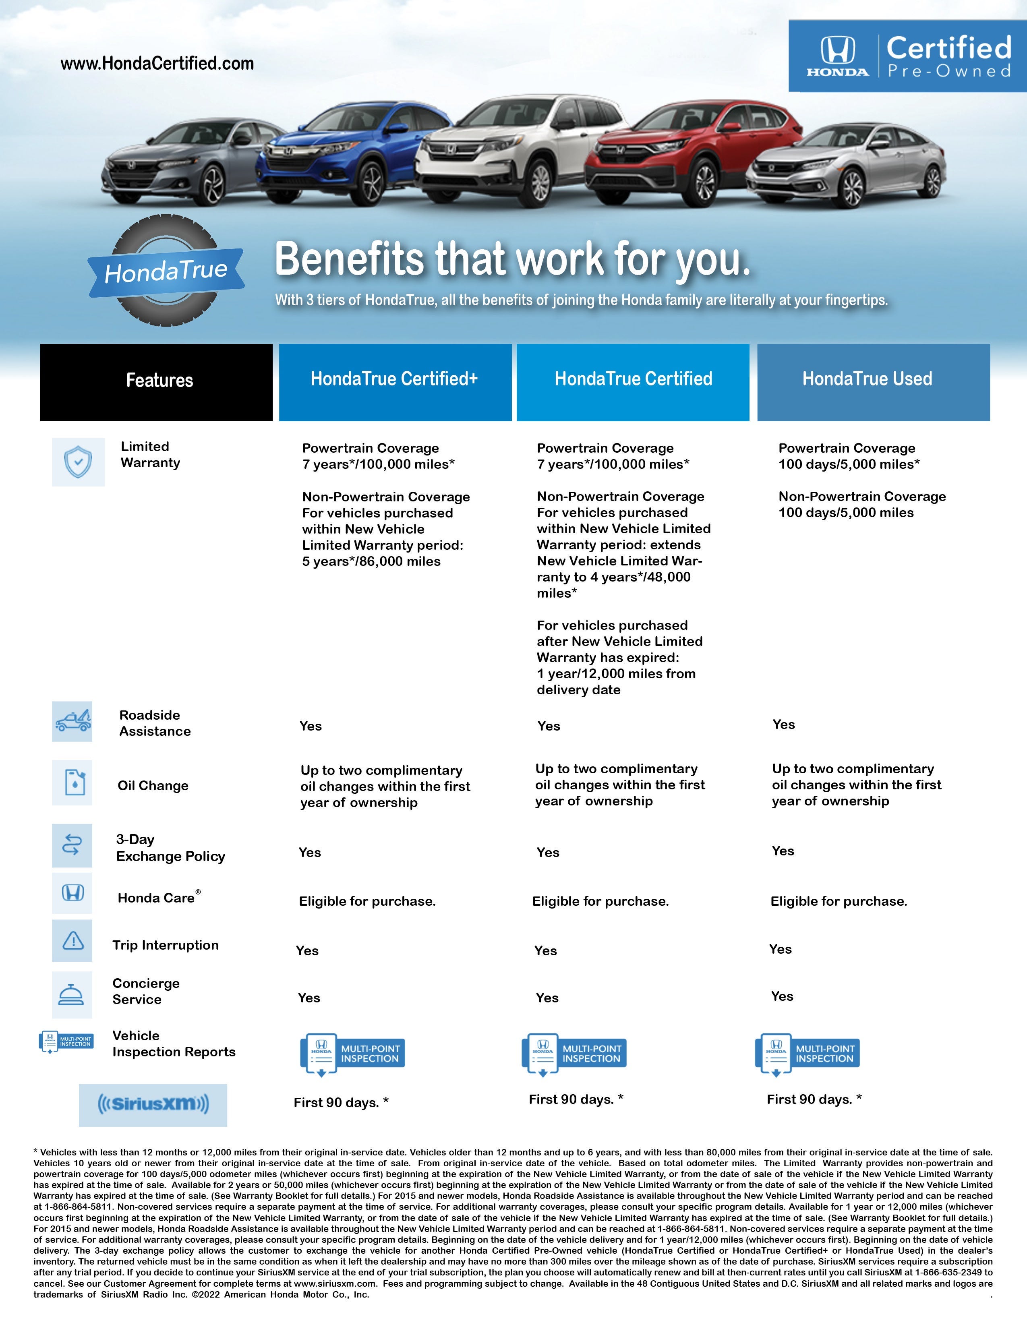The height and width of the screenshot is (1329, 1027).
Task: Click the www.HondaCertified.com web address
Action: (157, 63)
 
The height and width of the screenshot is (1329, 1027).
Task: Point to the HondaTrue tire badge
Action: (166, 270)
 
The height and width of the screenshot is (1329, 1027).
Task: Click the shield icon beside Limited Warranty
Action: (78, 462)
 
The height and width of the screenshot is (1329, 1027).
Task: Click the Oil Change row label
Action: (153, 786)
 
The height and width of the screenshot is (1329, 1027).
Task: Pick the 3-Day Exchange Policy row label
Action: (170, 848)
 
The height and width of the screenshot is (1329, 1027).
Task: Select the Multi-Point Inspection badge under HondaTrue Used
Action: (808, 1054)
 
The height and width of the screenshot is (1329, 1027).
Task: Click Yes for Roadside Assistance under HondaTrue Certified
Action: (549, 726)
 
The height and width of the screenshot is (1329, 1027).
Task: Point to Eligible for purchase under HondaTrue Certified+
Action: (367, 901)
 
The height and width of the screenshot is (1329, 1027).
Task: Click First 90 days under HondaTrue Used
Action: (814, 1099)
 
